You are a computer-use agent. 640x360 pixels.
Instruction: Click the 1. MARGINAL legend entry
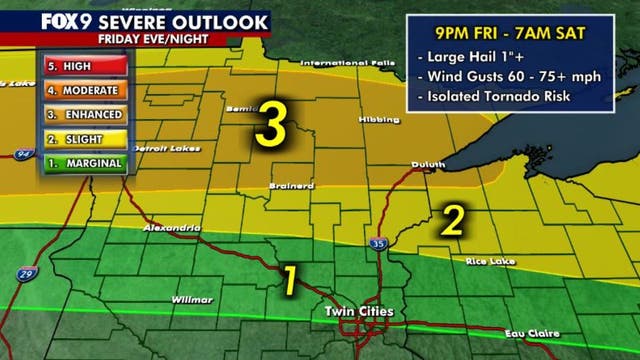click(84, 163)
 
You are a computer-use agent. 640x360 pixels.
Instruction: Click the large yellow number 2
click(452, 220)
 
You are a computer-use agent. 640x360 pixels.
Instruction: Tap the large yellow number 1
click(290, 280)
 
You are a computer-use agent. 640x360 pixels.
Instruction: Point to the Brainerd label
click(287, 186)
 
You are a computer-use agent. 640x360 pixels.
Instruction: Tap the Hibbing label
click(378, 119)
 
